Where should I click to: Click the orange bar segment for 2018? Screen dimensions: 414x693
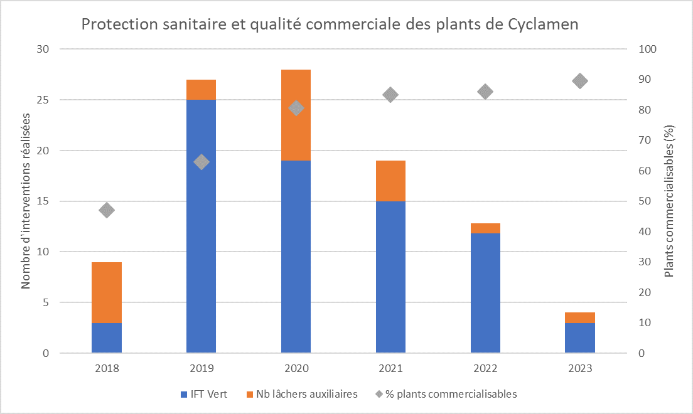coord(107,292)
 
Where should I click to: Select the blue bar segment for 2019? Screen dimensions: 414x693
coord(201,226)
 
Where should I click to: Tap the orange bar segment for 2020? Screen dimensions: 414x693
coord(296,115)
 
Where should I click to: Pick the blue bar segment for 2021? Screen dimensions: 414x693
coord(390,277)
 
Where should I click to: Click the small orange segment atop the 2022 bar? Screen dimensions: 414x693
coord(485,228)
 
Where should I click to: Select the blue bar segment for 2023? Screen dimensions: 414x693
coord(580,338)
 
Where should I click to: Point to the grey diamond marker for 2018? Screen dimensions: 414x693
coord(107,210)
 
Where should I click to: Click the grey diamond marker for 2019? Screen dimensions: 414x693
coord(201,162)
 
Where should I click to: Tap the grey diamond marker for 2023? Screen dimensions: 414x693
coord(580,81)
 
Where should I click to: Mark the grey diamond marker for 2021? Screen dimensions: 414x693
coord(390,95)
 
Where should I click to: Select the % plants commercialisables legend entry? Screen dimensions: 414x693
coord(452,394)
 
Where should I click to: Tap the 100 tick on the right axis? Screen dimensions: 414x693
coord(647,49)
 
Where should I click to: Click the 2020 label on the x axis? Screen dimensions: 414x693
coord(296,369)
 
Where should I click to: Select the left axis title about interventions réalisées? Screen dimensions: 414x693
coord(26,201)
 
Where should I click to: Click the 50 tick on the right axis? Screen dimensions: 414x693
coord(644,201)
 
